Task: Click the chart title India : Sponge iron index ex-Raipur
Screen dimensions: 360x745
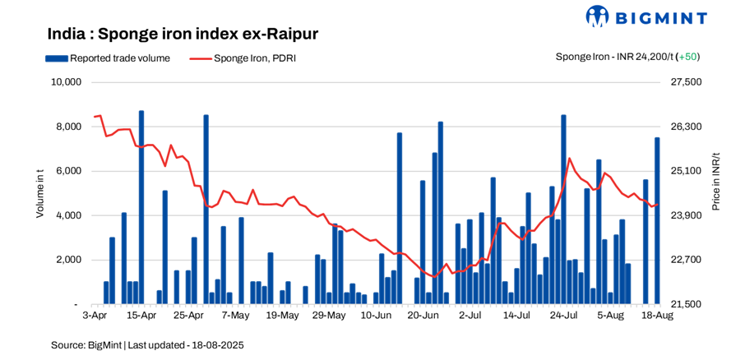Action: tap(183, 34)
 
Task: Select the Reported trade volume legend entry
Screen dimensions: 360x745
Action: tap(108, 58)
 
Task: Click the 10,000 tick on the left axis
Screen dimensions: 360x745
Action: tap(66, 82)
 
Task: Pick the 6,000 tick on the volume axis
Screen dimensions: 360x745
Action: tap(68, 171)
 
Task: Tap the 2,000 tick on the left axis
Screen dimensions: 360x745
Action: tap(68, 260)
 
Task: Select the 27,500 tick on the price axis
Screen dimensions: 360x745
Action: tap(687, 82)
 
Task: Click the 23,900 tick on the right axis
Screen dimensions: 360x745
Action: tap(687, 215)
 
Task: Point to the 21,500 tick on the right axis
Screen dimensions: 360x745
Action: tap(687, 304)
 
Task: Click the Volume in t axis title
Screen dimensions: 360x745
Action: tap(39, 193)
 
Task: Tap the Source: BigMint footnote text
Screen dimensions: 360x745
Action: tap(147, 344)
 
